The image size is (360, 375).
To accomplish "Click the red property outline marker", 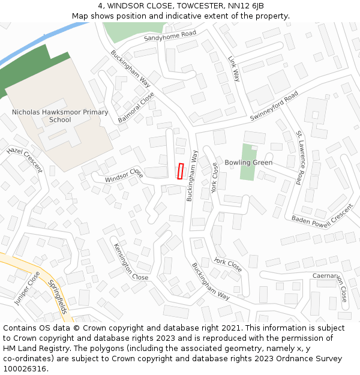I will (x=180, y=171).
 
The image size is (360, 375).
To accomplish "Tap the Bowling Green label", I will (x=248, y=163).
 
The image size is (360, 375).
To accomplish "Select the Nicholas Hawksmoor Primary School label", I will (x=60, y=116).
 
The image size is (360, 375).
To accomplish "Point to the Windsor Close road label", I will (x=124, y=176).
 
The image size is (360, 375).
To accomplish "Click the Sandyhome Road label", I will (x=170, y=37).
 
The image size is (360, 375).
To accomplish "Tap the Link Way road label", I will (x=233, y=69).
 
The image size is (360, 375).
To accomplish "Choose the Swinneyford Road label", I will (x=274, y=107).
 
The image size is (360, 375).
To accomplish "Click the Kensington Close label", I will (x=129, y=262).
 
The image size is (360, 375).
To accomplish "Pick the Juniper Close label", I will (x=27, y=289).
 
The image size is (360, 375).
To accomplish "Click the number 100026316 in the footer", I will (x=25, y=369).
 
